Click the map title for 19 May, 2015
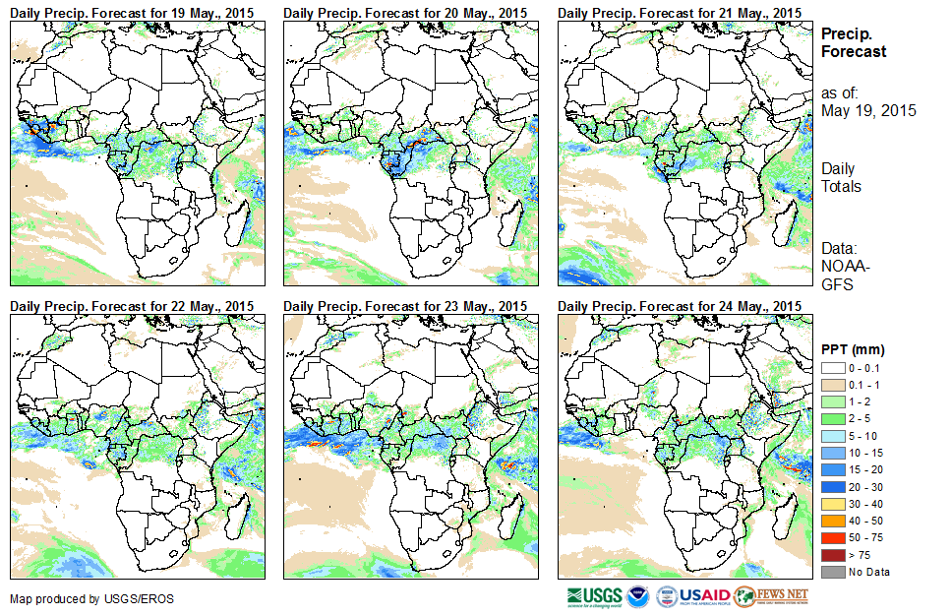[x=132, y=11]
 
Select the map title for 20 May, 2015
[x=406, y=11]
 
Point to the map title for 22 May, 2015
[x=132, y=306]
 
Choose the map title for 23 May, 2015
[x=406, y=306]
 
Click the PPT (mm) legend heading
[x=853, y=349]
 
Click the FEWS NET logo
[x=771, y=596]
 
